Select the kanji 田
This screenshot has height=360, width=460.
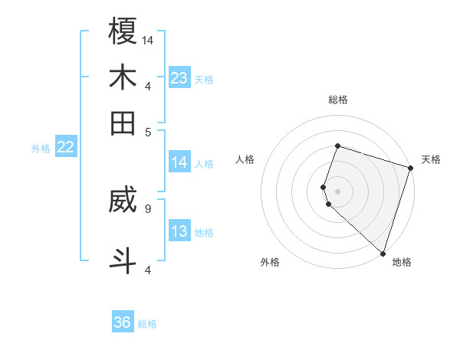(123, 123)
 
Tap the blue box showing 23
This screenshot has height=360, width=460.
(179, 78)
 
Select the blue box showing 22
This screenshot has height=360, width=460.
(65, 148)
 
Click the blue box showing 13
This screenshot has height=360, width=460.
(179, 232)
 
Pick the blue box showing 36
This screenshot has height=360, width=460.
(123, 322)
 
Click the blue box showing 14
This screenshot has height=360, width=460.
(179, 162)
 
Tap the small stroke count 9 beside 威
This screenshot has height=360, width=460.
(147, 207)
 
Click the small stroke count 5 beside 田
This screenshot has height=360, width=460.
(148, 131)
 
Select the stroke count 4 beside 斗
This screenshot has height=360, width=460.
(148, 270)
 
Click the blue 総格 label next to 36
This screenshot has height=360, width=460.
(147, 324)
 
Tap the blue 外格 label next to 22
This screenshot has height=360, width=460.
(41, 149)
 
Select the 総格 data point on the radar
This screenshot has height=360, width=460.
(337, 146)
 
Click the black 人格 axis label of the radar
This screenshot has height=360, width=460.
(245, 159)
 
